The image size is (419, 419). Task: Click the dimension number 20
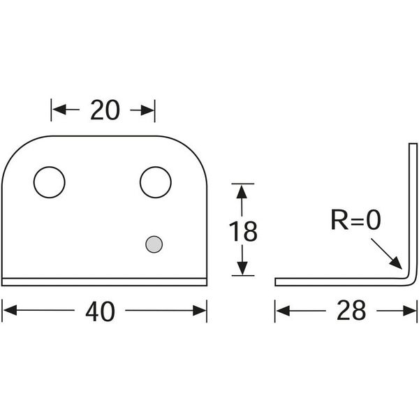105,110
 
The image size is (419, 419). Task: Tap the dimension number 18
243,230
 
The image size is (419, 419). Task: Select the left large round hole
50,182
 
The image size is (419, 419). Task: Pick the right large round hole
155,182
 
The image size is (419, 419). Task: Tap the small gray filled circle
154,244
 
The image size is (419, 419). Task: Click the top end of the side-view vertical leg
413,145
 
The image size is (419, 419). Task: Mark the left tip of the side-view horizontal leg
277,282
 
